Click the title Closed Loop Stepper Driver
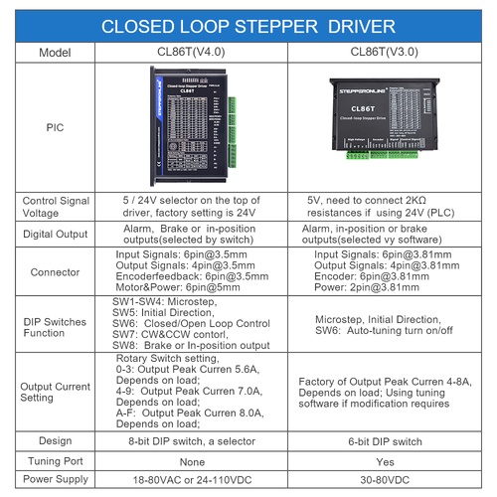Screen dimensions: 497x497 [248, 24]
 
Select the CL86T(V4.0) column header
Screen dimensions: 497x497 [191, 50]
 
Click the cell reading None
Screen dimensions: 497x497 [191, 459]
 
